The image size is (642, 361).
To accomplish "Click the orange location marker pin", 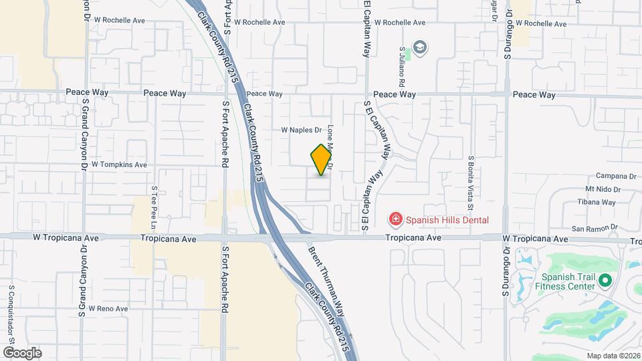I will click(322, 160).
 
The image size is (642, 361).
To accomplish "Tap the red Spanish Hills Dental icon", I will click(395, 219).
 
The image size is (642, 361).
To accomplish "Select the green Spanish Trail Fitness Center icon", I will click(606, 281).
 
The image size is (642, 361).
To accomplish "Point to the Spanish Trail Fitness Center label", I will click(568, 281).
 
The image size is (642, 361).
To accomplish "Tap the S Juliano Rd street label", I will click(403, 68).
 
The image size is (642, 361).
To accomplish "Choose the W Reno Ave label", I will click(103, 309).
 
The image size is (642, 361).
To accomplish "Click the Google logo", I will click(21, 352).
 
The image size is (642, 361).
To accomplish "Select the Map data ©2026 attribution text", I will click(613, 356).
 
